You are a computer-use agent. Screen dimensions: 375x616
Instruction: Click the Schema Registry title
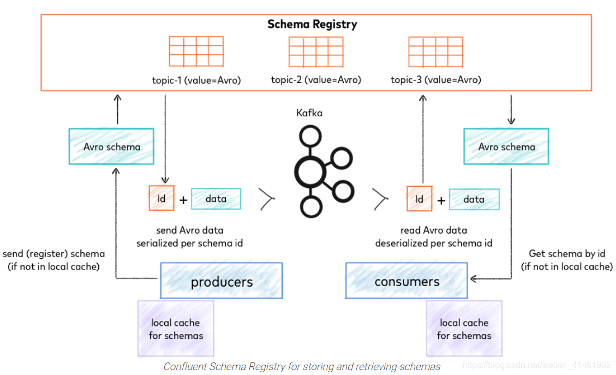(312, 25)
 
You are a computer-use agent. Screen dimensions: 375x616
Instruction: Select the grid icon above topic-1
(196, 52)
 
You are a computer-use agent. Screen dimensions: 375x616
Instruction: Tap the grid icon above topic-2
(316, 52)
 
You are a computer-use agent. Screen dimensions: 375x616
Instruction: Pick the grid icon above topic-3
(435, 52)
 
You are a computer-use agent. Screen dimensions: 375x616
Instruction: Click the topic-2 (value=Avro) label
(316, 80)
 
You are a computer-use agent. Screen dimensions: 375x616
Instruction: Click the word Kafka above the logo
(309, 113)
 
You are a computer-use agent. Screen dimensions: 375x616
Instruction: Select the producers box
(221, 281)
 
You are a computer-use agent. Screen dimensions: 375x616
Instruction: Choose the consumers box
(406, 281)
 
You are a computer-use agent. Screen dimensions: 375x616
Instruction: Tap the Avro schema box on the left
(111, 147)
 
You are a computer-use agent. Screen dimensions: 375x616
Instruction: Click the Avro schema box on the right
(506, 147)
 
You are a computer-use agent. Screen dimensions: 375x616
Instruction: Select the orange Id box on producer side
(162, 199)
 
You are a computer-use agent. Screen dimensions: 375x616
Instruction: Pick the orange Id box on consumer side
(419, 199)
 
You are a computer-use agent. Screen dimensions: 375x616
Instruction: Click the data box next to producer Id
(216, 199)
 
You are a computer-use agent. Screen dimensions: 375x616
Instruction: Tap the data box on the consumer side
(474, 199)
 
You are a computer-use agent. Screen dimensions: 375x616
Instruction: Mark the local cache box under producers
(175, 329)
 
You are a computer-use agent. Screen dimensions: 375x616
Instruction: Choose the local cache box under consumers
(464, 329)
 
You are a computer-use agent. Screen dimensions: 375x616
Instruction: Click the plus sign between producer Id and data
(183, 200)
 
